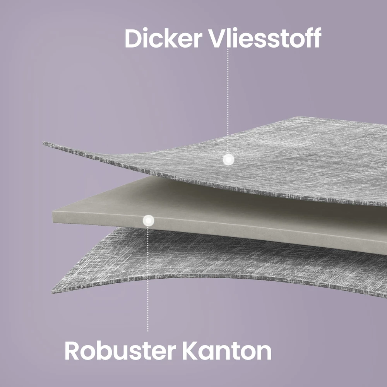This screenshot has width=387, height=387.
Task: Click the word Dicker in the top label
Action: point(164,38)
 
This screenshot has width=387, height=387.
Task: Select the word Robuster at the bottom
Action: point(120,351)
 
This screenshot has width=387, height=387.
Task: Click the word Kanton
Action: point(227,351)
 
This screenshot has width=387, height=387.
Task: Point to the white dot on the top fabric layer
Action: point(228,159)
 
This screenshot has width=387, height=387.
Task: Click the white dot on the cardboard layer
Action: point(148,221)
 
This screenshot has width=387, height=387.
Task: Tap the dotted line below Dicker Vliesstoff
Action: point(228,101)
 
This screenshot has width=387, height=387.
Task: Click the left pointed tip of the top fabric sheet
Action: point(43,143)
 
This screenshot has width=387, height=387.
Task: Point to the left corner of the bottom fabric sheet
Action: point(52,292)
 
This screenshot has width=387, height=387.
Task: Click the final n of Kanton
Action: point(264,353)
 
